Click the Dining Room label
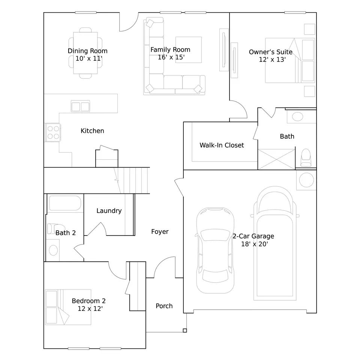click(x=87, y=51)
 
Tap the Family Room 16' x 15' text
click(x=170, y=53)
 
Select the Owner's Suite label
click(x=271, y=52)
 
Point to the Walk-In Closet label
click(x=222, y=145)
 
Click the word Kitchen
click(x=92, y=131)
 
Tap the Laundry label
click(x=109, y=211)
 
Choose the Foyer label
click(x=160, y=232)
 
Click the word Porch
click(x=164, y=306)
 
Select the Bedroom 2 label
click(x=88, y=301)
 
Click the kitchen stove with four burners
click(x=53, y=132)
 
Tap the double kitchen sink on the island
click(x=80, y=106)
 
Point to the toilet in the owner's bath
click(x=306, y=157)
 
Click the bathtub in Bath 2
click(x=65, y=203)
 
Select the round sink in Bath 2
click(x=53, y=250)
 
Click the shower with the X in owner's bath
click(x=276, y=159)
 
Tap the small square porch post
click(x=185, y=330)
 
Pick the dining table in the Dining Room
click(x=85, y=53)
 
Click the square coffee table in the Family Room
click(x=189, y=50)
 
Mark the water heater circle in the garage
click(x=306, y=180)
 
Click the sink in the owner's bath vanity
click(x=297, y=117)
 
